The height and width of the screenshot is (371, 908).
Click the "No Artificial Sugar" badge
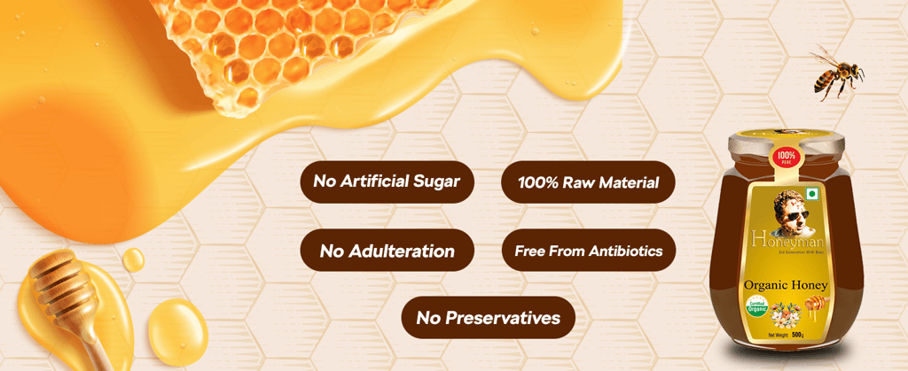point(386,182)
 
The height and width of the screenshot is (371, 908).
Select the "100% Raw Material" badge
point(588,183)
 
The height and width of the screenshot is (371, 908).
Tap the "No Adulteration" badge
point(387,251)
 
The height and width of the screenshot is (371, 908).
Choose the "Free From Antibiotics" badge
point(588,251)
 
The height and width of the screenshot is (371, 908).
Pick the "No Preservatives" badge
point(489,318)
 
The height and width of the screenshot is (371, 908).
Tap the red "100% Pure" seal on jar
point(785,159)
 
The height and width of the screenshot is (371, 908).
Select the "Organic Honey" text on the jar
point(786,285)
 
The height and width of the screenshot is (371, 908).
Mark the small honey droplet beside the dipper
point(133,259)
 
